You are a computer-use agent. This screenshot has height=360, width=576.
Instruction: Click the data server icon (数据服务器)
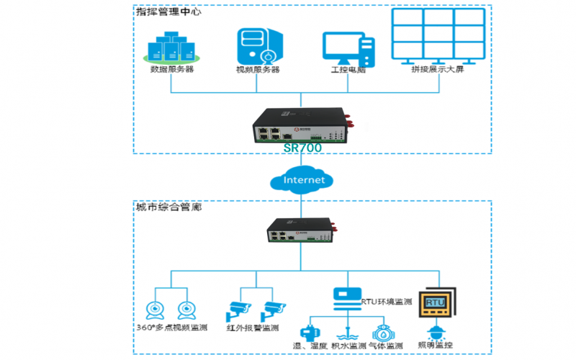tap(172, 47)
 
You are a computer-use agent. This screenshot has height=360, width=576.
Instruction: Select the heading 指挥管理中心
tap(168, 12)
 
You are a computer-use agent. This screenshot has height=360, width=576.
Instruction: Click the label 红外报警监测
tap(252, 328)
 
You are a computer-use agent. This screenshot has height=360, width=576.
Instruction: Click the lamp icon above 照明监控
tap(436, 331)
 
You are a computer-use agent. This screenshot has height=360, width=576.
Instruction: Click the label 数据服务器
tap(172, 71)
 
